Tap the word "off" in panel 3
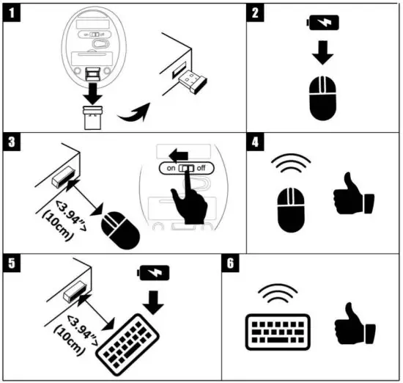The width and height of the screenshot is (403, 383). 202,167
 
